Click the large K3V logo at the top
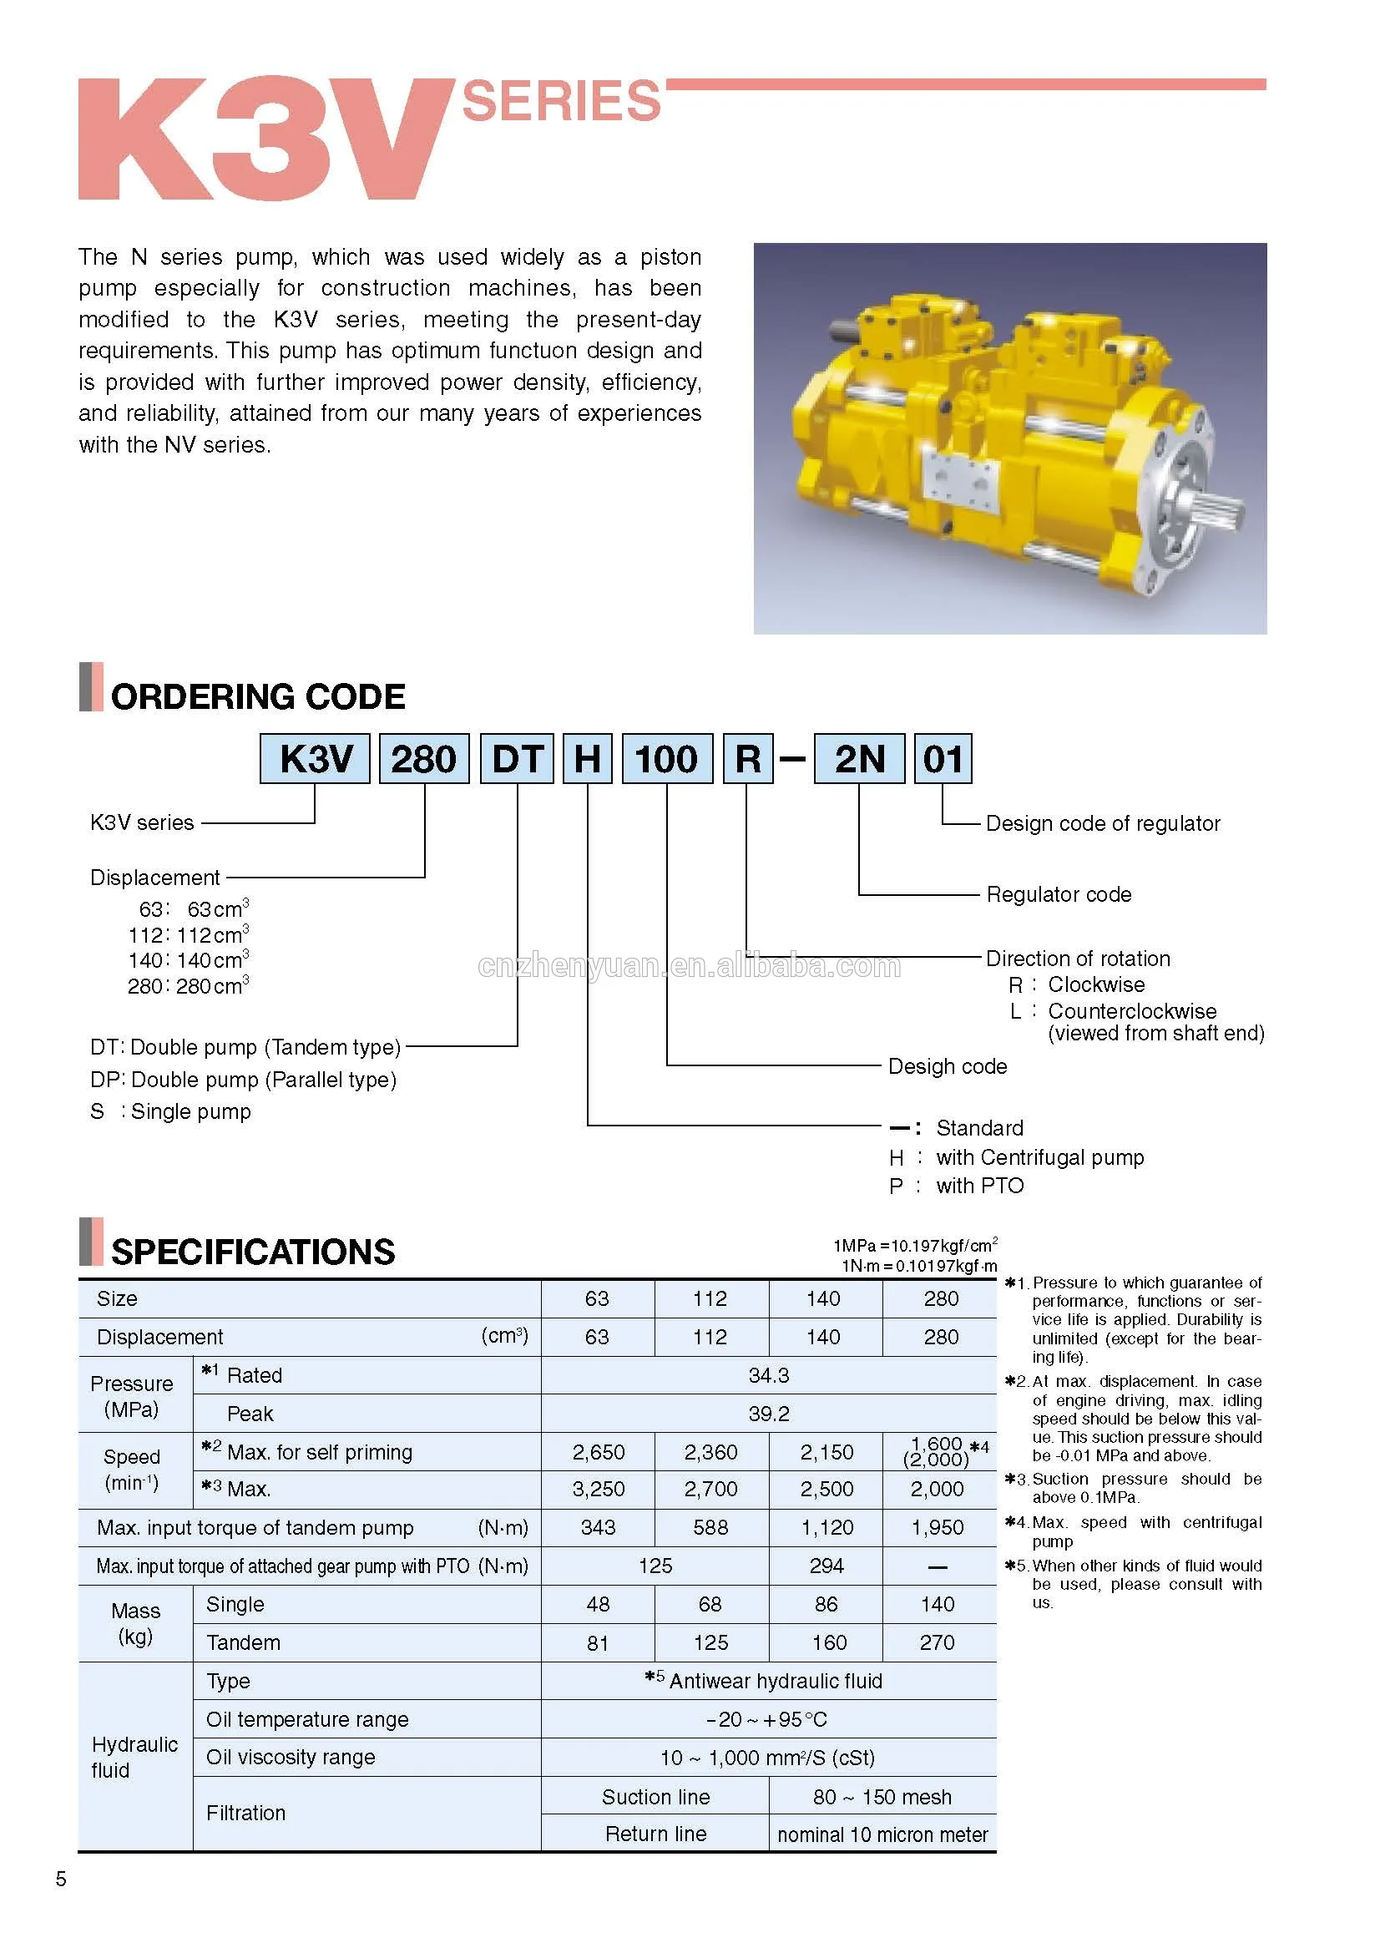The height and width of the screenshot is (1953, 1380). tap(264, 139)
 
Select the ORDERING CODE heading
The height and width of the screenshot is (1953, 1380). tap(258, 696)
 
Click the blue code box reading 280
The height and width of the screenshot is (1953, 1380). tap(423, 759)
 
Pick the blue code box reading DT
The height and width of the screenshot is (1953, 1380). tap(517, 759)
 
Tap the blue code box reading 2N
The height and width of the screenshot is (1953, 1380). tap(859, 759)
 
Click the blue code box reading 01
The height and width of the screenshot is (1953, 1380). tap(942, 759)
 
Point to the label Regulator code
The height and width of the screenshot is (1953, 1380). tap(1059, 894)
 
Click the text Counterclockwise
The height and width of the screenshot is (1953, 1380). tap(1132, 1010)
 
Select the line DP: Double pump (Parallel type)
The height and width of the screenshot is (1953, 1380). tap(243, 1080)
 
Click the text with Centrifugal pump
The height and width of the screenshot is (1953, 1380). tap(1040, 1156)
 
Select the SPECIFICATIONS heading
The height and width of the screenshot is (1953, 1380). tap(252, 1252)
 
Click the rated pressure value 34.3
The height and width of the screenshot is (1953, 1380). tap(769, 1375)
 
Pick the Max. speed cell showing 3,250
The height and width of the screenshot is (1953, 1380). tap(598, 1490)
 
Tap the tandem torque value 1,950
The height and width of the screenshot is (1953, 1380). tap(937, 1528)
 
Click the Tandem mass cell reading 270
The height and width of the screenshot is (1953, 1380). tap(937, 1642)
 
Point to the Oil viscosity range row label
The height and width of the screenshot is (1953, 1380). tap(290, 1757)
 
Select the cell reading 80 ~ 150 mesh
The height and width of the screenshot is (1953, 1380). tap(882, 1797)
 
